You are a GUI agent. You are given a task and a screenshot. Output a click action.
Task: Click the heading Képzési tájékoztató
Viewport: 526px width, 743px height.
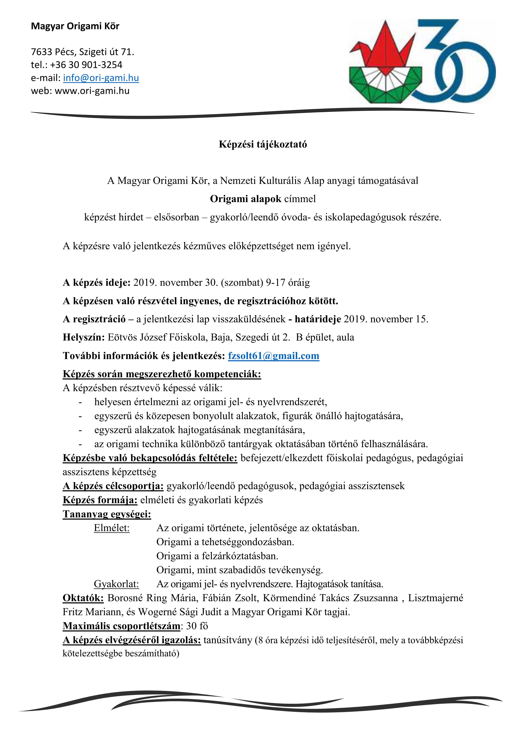coord(263,144)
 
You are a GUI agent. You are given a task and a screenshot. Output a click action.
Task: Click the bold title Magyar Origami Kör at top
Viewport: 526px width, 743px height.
coord(75,26)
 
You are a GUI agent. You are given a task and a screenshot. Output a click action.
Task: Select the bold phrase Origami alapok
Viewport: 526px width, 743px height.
coord(246,199)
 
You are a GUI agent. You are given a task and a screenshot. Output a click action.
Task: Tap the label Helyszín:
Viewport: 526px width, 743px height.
coord(84,338)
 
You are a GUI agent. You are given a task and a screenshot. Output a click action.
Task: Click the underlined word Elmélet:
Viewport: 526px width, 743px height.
coord(112,528)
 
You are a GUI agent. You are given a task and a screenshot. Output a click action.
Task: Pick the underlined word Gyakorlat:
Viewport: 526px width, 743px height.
coord(116,584)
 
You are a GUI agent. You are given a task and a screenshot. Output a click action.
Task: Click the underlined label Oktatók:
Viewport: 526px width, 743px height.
coord(83,598)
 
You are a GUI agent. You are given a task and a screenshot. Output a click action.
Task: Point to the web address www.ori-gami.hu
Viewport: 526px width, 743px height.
coord(92,91)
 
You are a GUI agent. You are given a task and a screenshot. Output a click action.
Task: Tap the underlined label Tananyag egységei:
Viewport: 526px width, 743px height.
coord(107,514)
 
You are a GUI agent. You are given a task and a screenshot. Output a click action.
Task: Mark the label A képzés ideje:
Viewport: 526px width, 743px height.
coord(96,283)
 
